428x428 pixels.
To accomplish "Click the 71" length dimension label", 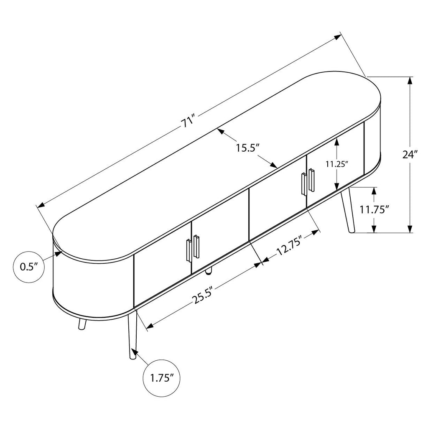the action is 189,121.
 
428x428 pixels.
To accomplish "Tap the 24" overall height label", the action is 410,155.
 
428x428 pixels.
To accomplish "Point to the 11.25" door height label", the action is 337,164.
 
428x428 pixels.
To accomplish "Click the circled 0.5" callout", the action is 29,267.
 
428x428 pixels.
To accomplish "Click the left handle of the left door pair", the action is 189,251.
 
